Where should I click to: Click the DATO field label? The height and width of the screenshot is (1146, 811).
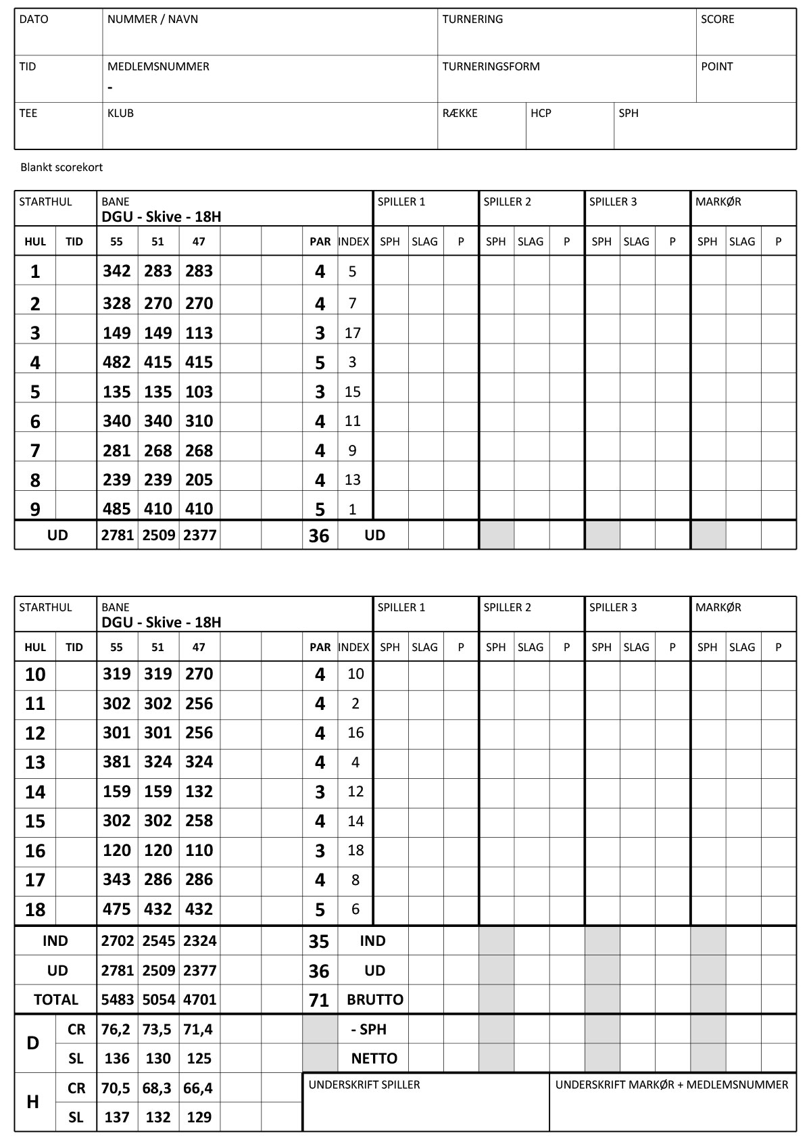pos(34,20)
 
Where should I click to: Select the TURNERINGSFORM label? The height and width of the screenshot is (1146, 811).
pos(491,67)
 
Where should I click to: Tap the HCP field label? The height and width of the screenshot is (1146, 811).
pos(541,114)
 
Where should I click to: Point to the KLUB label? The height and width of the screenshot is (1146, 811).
pos(120,114)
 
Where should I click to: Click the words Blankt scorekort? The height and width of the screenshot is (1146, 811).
pos(62,168)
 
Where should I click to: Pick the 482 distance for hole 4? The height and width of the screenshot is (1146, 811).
pos(116,362)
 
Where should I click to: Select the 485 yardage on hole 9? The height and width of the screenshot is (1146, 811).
pos(116,509)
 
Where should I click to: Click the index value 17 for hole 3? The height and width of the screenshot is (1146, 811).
pos(352,333)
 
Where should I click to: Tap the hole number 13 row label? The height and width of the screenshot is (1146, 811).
pos(35,763)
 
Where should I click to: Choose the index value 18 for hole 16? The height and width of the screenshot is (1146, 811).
pos(355,851)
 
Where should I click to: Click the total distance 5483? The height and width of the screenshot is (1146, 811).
pos(118,1000)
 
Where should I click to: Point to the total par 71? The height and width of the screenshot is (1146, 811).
pos(318,1001)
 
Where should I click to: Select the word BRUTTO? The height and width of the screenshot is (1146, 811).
pos(374,1000)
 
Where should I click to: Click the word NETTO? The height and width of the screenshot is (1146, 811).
pos(374,1059)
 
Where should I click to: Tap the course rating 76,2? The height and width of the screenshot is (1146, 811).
pos(116,1030)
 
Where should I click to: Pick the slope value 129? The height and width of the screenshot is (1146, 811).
pos(199,1118)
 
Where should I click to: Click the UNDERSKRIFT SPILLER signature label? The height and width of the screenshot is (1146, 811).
pos(364,1085)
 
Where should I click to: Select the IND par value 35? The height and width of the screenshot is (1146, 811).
pos(318,942)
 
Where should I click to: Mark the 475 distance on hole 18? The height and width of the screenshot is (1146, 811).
pos(116,909)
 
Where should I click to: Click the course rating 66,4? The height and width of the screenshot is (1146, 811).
pos(199,1089)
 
